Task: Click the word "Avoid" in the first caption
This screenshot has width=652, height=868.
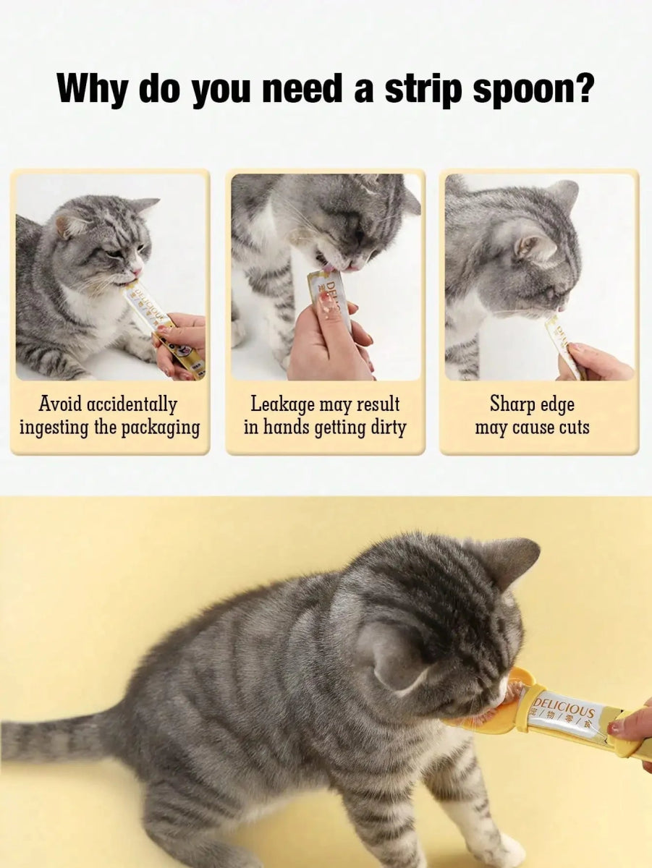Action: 60,404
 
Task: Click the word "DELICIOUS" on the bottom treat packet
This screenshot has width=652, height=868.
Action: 564,706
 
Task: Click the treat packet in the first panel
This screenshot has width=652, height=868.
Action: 156,322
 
